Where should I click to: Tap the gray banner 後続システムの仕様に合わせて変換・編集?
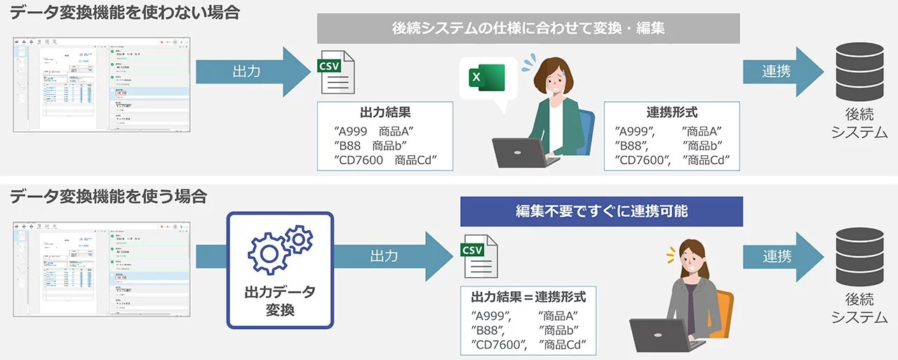coord(528,29)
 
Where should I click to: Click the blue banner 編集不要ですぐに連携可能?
coord(601,211)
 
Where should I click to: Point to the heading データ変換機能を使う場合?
coord(108,196)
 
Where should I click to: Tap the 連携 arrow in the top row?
coord(783,72)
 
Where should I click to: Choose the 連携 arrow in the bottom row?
coord(783,256)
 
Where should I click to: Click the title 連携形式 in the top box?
coord(671,112)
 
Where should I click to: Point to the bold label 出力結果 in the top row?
coord(384,112)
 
